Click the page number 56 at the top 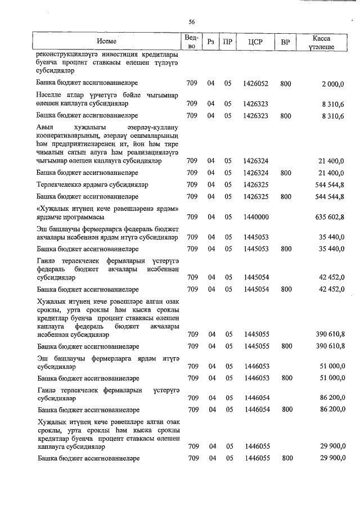click(192, 22)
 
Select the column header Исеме click(106, 42)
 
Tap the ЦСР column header click(256, 42)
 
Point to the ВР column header click(285, 42)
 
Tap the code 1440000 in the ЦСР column click(256, 217)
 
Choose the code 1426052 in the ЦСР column click(256, 84)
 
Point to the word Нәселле click(49, 95)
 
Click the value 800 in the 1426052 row click(285, 84)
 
